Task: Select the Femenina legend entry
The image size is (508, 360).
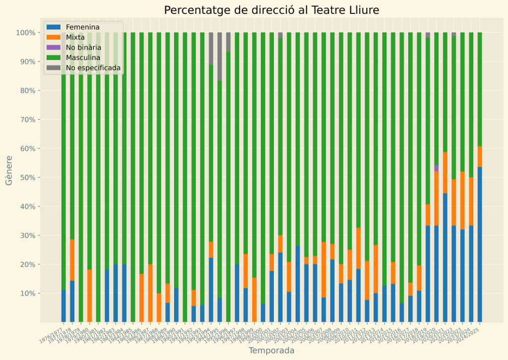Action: (x=82, y=27)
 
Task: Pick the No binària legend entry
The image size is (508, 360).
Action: (x=83, y=48)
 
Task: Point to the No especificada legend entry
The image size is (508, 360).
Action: (x=93, y=68)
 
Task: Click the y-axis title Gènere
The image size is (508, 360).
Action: (x=9, y=170)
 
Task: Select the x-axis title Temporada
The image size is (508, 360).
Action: (x=271, y=351)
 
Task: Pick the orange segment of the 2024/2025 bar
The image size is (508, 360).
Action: (x=480, y=157)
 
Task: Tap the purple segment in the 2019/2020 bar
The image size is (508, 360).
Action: (x=437, y=169)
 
